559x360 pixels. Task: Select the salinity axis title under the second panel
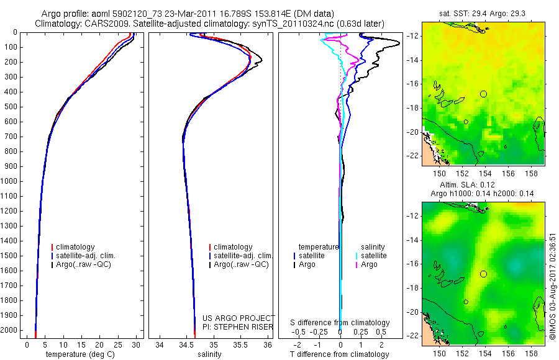209,354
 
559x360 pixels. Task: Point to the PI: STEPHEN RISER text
232,326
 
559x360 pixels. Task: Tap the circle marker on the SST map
483,94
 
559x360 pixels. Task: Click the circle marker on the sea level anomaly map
483,274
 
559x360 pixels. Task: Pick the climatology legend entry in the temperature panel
79,247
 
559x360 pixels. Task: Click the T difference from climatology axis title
340,354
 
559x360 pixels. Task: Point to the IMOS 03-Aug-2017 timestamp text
553,286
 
